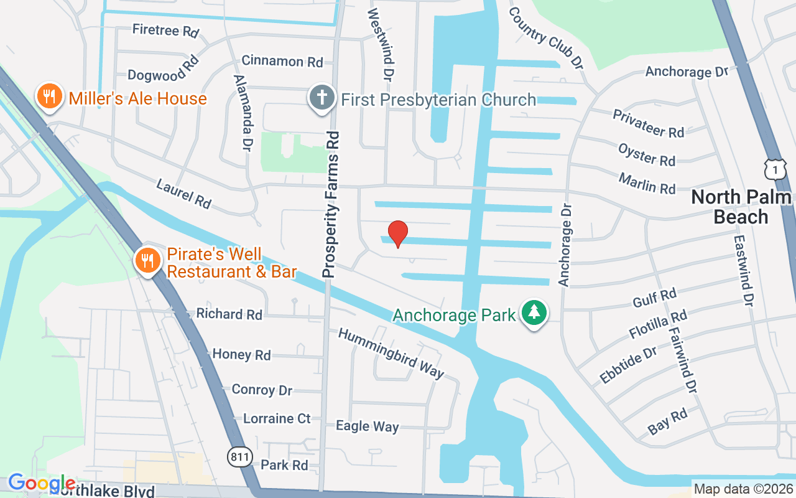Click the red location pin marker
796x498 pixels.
398,233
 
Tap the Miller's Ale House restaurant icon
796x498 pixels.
49,97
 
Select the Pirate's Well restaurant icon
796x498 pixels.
147,261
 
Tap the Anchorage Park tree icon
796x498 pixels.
534,313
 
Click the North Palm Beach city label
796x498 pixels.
741,207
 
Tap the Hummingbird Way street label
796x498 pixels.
391,353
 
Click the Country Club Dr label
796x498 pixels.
547,38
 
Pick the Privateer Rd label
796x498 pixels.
648,123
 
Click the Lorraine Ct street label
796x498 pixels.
277,418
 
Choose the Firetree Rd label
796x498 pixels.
165,31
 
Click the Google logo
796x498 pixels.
42,482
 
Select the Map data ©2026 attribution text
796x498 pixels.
743,489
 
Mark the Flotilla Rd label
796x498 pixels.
658,324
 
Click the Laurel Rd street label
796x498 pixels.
184,194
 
